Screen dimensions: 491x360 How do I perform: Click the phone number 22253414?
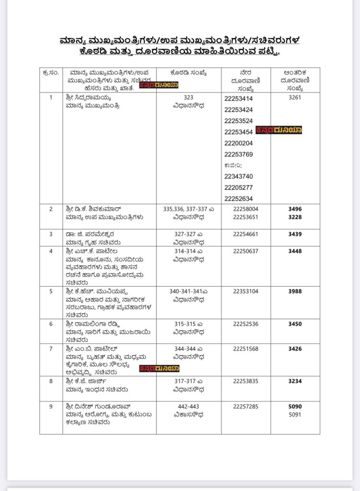coord(238,99)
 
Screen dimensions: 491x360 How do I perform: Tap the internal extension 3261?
coord(295,97)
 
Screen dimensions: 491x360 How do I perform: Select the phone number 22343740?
coord(238,176)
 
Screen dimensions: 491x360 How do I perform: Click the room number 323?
coord(188,97)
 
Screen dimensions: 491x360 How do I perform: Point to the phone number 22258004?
coord(245,209)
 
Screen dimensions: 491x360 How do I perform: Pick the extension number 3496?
coord(295,209)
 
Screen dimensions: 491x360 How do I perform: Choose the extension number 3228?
coord(295,217)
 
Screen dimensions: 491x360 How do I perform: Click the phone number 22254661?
coord(245,234)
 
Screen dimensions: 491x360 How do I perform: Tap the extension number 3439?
coord(295,234)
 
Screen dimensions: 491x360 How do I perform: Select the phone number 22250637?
coord(245,251)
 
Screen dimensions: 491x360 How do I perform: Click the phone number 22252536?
coord(245,324)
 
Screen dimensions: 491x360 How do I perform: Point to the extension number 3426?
coord(295,349)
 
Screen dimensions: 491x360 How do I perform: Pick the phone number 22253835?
coord(245,382)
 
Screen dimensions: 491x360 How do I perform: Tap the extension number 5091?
coord(295,414)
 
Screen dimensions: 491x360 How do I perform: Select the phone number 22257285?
coord(245,407)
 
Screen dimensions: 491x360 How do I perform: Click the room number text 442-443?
coord(188,407)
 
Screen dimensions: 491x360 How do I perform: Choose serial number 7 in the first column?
coord(51,349)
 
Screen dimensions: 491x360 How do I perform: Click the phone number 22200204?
coord(238,143)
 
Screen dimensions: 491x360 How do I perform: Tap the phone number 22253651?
coord(245,217)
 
